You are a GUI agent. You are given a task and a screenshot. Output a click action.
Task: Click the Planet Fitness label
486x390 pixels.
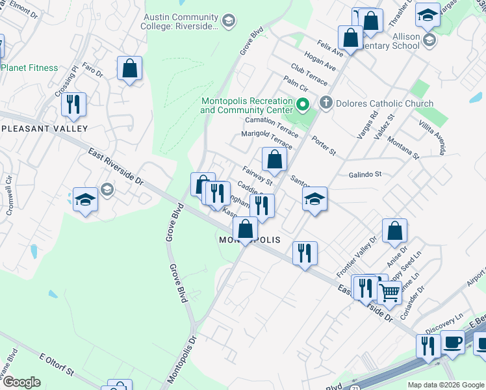click(30, 68)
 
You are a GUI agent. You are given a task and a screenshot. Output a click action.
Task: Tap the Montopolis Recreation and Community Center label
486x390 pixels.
click(246, 106)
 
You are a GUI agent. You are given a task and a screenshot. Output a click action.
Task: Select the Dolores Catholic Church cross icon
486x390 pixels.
click(326, 103)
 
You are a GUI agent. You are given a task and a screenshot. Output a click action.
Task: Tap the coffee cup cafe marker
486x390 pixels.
click(452, 342)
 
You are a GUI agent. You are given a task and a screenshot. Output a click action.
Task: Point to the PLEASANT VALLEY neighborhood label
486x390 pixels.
click(44, 129)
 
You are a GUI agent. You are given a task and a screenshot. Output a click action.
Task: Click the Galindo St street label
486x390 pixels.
click(364, 174)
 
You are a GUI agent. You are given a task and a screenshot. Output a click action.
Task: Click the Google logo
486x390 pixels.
click(21, 382)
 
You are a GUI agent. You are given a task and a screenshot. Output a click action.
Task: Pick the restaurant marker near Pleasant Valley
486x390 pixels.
click(73, 104)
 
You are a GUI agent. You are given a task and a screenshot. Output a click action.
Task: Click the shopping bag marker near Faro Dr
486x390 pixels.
click(130, 68)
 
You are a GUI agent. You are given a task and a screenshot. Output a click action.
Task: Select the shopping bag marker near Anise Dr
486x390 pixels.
click(394, 231)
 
